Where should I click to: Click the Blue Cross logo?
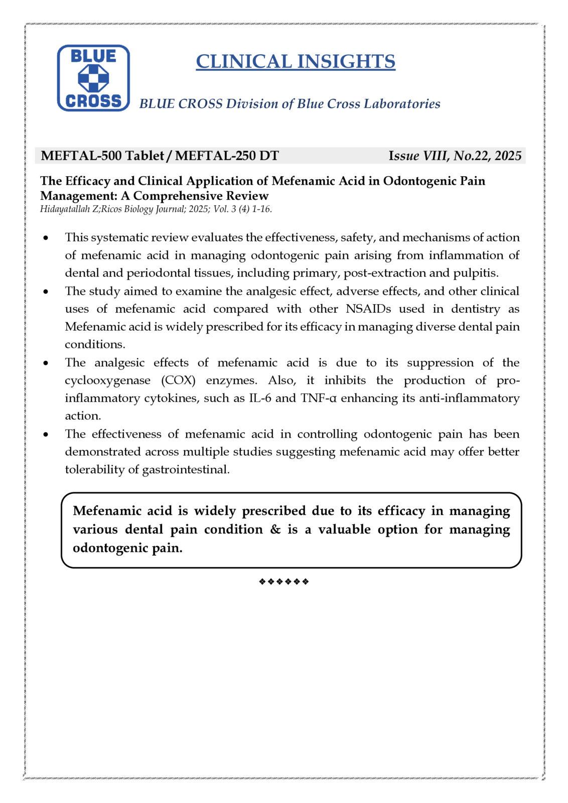pyautogui.click(x=93, y=78)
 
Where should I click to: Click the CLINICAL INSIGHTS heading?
pyautogui.click(x=295, y=61)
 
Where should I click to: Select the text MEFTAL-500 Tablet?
pyautogui.click(x=102, y=156)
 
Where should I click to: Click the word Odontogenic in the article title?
pyautogui.click(x=422, y=181)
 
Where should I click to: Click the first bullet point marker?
pyautogui.click(x=47, y=237)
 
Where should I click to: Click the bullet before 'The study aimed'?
pyautogui.click(x=47, y=292)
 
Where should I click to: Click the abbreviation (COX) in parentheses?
pyautogui.click(x=178, y=380)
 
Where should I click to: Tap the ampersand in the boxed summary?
pyautogui.click(x=275, y=529)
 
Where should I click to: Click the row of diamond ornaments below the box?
pyautogui.click(x=283, y=582)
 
